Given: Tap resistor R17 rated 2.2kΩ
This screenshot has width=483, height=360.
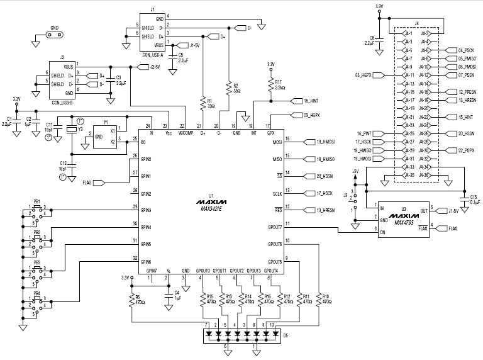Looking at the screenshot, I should pos(271,84).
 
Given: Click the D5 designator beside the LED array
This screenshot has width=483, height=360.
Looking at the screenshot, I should pos(286,335).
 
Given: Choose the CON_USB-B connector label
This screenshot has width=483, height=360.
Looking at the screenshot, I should pos(62,103).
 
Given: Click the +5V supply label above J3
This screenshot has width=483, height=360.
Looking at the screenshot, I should pos(355,171).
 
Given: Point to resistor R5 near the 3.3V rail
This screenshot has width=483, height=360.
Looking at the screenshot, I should pos(132,298).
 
